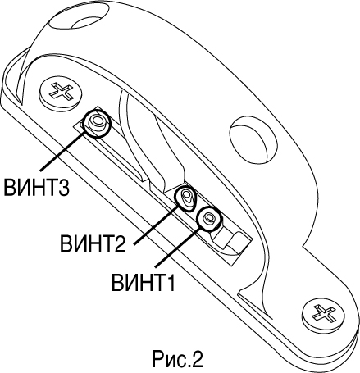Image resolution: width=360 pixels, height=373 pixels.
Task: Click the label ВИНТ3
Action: tap(36, 187)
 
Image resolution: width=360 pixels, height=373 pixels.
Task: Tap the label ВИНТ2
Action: tap(93, 243)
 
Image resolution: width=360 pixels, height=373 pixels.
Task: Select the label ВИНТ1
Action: tap(143, 282)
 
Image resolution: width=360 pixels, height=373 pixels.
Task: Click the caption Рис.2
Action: tap(177, 358)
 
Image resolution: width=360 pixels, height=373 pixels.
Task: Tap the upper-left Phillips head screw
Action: tap(61, 92)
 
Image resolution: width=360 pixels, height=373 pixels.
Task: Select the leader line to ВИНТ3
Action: tap(62, 152)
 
